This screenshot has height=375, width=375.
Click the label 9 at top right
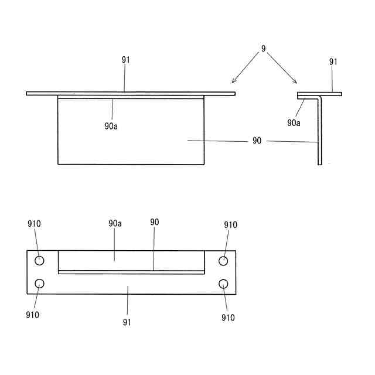pos(264,49)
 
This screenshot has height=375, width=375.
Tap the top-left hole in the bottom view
pos(39,261)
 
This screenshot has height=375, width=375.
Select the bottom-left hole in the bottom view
pos(39,284)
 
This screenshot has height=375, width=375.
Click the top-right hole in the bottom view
pos(223,261)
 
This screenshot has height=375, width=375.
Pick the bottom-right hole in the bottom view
pos(223,284)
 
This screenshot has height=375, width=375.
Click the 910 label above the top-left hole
pos(35,224)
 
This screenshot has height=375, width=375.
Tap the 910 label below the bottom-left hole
pos(32,315)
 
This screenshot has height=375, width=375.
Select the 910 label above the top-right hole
pos(230,224)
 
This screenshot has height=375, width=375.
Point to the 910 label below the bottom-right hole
pos(228,318)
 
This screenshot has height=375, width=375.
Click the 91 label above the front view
pos(126,60)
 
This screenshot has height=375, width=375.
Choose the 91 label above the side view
pos(333,61)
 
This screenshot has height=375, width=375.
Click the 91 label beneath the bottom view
pos(127,322)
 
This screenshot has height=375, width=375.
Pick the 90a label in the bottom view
pos(115,223)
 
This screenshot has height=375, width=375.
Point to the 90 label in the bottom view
pos(154,222)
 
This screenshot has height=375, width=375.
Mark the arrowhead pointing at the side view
pos(295,82)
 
